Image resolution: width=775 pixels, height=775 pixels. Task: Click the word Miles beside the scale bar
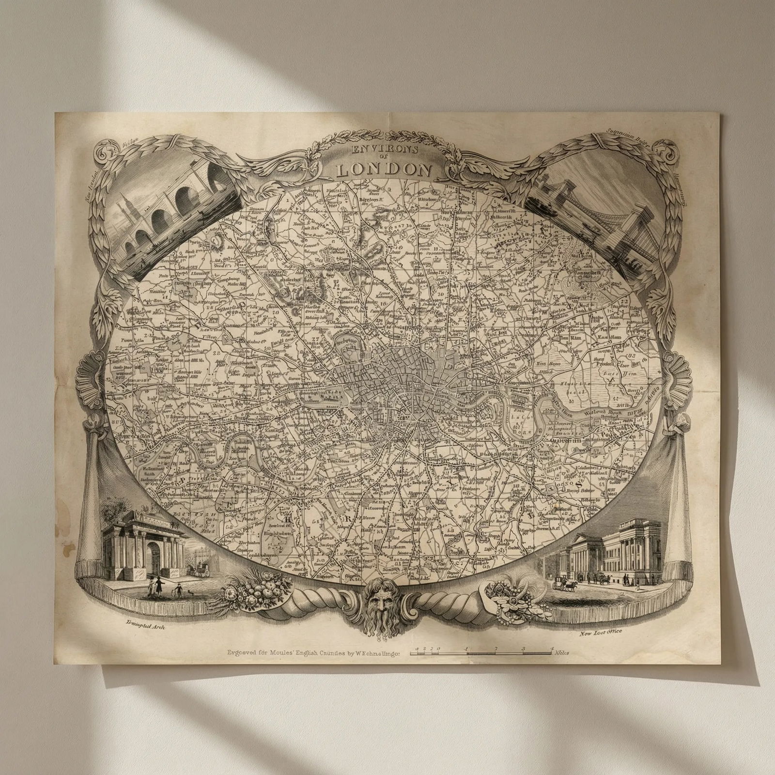[562, 652]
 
